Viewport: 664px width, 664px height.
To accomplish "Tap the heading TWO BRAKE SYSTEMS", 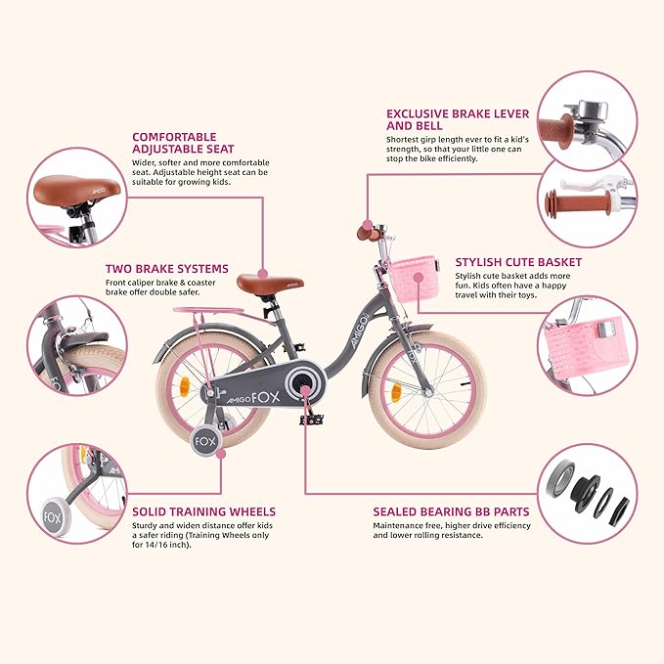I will coord(166,268).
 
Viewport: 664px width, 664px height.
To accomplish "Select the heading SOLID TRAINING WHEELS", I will coord(202,510).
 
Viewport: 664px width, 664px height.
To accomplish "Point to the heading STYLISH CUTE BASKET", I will coord(518,262).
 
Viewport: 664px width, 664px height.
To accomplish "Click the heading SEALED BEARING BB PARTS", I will coord(450,510).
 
